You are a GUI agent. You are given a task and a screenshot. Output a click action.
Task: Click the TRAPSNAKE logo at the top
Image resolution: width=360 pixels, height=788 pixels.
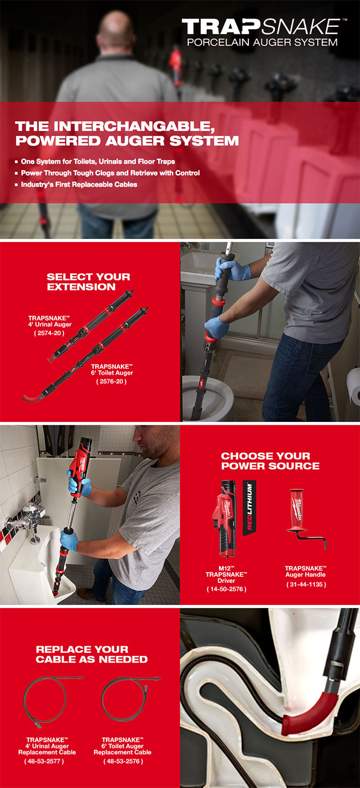click(260, 27)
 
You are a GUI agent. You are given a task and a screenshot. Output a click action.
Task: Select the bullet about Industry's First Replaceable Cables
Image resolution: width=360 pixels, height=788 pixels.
click(79, 185)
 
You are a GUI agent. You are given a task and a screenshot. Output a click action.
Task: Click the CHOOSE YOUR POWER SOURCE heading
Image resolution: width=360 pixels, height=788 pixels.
click(270, 461)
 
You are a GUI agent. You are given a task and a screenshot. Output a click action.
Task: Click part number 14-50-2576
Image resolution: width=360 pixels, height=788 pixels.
click(226, 589)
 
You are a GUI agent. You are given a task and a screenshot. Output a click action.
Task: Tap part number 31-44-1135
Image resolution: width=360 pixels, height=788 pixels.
click(305, 584)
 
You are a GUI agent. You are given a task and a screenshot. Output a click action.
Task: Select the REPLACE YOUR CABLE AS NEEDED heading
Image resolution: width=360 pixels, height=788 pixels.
click(92, 654)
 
